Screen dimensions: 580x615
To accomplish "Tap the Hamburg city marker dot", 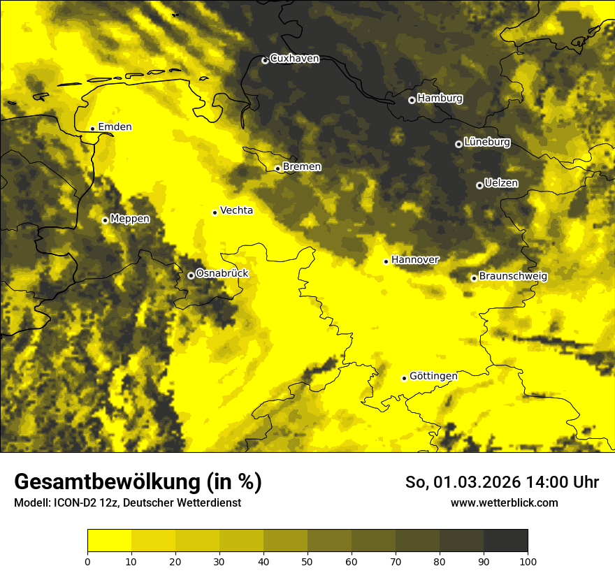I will click(x=412, y=100).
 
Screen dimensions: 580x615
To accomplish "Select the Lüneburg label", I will click(x=487, y=143).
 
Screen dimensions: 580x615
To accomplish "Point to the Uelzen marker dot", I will click(x=479, y=185).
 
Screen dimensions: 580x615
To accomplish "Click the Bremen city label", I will click(x=302, y=167).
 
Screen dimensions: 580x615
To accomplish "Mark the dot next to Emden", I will click(x=92, y=129).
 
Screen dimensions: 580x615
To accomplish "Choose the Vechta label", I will click(x=236, y=210).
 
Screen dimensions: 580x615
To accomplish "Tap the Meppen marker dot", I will click(x=105, y=220).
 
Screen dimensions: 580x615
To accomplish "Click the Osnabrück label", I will click(x=222, y=273).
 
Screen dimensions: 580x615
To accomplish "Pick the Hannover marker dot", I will click(x=386, y=261).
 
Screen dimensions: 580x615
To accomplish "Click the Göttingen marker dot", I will click(x=404, y=378).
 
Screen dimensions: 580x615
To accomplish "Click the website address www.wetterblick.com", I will click(x=504, y=502).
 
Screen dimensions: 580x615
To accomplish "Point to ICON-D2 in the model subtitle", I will click(x=74, y=503).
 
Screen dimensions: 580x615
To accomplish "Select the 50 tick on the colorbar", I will click(x=307, y=560).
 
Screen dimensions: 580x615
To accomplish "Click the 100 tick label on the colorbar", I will click(x=528, y=560).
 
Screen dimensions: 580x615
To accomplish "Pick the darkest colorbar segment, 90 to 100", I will click(x=505, y=541).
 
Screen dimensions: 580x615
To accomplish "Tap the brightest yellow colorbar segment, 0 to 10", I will click(x=109, y=541).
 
